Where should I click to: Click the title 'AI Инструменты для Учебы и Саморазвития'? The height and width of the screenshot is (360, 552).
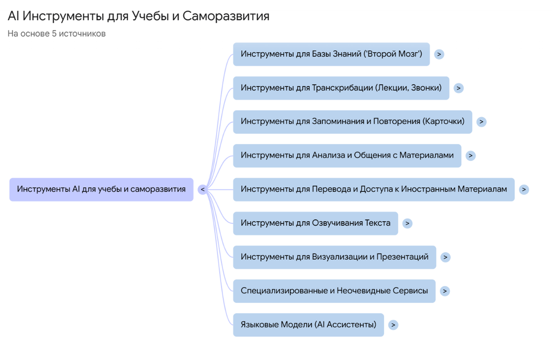[x=138, y=16]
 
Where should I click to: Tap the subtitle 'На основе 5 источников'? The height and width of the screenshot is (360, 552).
[x=57, y=34]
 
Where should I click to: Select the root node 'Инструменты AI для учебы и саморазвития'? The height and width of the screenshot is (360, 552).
[x=101, y=189]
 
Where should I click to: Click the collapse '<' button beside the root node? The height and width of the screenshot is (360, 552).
[x=202, y=189]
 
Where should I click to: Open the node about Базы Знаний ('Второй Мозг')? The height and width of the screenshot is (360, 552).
[x=331, y=54]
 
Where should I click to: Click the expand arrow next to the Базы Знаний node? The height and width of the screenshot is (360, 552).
[x=439, y=54]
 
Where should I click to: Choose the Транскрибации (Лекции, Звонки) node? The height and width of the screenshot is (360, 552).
[x=341, y=88]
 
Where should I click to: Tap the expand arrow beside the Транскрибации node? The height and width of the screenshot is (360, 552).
[x=458, y=88]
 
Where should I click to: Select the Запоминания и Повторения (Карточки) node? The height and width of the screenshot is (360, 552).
[x=352, y=122]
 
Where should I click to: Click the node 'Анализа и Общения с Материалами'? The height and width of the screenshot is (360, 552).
[x=347, y=155]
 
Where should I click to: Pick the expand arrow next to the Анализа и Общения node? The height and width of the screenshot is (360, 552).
[x=470, y=155]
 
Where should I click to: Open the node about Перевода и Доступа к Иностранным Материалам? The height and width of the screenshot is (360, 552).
[x=374, y=189]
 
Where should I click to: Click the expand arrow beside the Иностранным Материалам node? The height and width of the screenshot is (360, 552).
[x=523, y=189]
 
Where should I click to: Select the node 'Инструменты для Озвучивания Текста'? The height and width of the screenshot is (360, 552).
[x=315, y=223]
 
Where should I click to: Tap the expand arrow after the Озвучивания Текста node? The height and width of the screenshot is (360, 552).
[x=407, y=223]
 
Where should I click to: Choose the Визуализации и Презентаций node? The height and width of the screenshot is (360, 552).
[x=334, y=257]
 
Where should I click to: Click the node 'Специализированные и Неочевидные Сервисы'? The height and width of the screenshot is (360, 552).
[x=334, y=291]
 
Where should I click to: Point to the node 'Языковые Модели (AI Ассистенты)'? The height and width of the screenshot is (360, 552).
[x=308, y=325]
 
